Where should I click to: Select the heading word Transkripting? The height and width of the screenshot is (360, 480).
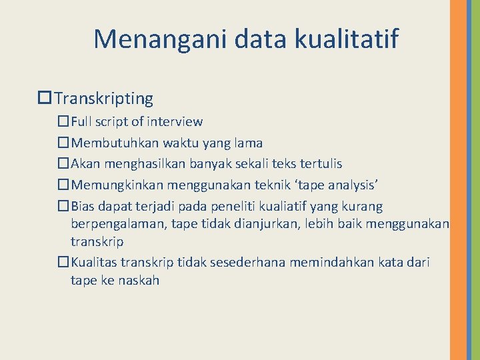104,99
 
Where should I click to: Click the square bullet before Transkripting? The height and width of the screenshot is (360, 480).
45,99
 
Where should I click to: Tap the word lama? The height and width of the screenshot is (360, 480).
247,143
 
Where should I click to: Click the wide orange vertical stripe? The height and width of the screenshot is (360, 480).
459,180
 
